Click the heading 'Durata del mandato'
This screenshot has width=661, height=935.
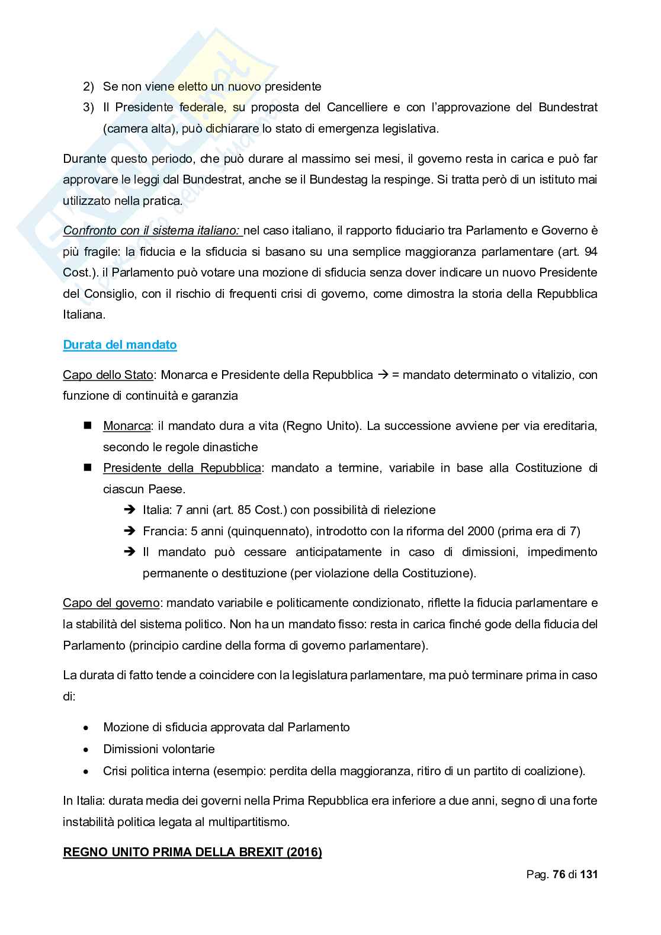click(120, 345)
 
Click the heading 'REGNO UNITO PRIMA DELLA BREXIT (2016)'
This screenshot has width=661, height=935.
click(192, 852)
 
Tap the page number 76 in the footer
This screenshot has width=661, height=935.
click(559, 875)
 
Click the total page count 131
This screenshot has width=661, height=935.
click(589, 875)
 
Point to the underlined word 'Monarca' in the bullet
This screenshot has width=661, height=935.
click(126, 426)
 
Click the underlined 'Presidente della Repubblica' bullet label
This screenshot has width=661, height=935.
click(182, 468)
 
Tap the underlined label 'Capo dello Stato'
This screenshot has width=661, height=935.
click(108, 375)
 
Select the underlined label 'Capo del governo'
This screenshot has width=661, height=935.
click(111, 603)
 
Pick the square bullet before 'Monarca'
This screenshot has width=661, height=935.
click(88, 425)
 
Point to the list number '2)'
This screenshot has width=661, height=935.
click(88, 86)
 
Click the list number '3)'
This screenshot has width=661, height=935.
click(88, 107)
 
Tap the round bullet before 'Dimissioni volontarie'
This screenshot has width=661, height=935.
click(87, 750)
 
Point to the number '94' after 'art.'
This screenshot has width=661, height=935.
click(590, 252)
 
